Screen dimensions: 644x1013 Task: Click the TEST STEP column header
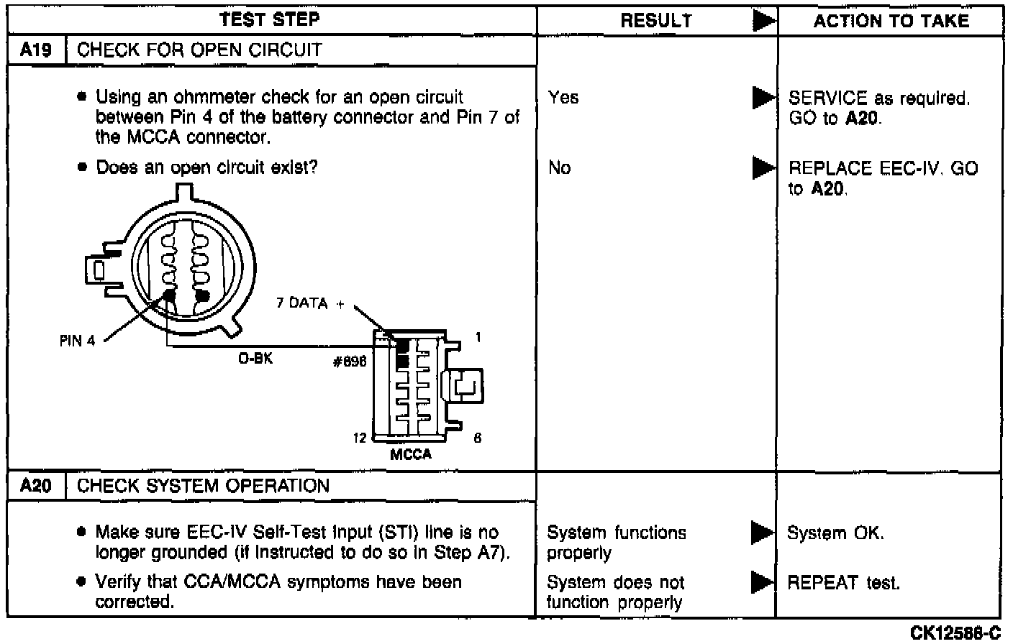pyautogui.click(x=270, y=19)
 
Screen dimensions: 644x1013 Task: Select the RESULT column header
pyautogui.click(x=655, y=21)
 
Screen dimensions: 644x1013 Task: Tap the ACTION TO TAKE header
pyautogui.click(x=891, y=21)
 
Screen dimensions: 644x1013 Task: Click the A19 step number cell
pyautogui.click(x=36, y=50)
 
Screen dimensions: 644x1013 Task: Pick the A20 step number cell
pyautogui.click(x=36, y=486)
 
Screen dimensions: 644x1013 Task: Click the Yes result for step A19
pyautogui.click(x=563, y=97)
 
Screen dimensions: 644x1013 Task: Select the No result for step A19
pyautogui.click(x=559, y=168)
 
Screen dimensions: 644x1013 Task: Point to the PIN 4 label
pyautogui.click(x=77, y=341)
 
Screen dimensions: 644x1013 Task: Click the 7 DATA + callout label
pyautogui.click(x=310, y=303)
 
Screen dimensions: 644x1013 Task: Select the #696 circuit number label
pyautogui.click(x=350, y=362)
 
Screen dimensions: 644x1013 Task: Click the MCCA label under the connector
pyautogui.click(x=411, y=454)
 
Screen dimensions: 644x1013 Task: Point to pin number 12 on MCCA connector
pyautogui.click(x=360, y=438)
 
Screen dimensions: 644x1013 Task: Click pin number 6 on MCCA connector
pyautogui.click(x=477, y=438)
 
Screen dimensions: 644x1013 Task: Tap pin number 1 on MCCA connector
pyautogui.click(x=478, y=337)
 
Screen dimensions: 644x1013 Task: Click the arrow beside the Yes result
pyautogui.click(x=763, y=98)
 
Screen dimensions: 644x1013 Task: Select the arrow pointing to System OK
pyautogui.click(x=761, y=533)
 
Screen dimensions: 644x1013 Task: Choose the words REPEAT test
pyautogui.click(x=843, y=582)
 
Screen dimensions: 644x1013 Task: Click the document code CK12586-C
pyautogui.click(x=955, y=633)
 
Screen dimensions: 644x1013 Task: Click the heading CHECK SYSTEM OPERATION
pyautogui.click(x=203, y=486)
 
